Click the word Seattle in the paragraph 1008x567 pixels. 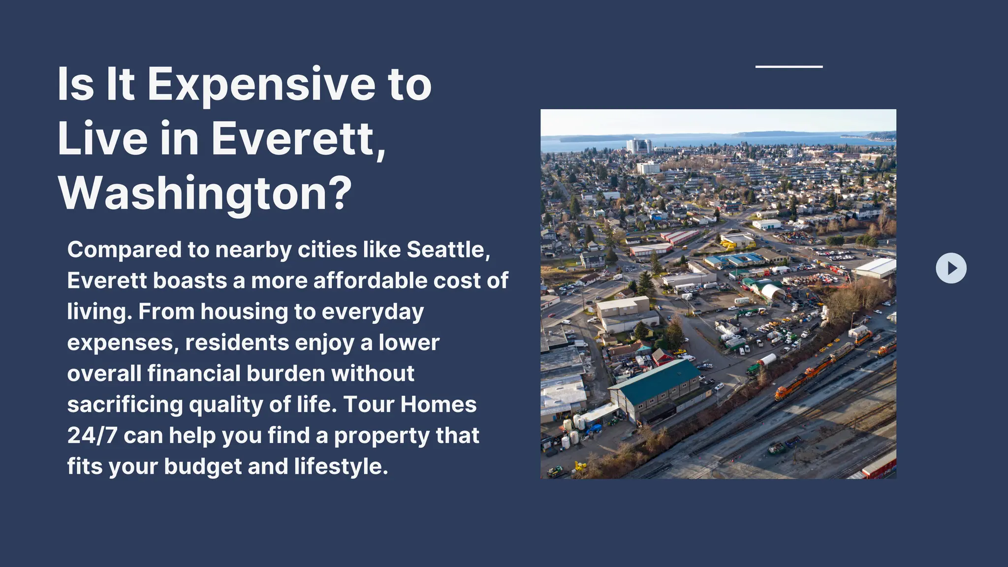click(448, 250)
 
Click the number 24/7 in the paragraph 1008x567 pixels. click(92, 436)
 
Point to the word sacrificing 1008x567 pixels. click(125, 405)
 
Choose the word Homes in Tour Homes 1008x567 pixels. click(438, 405)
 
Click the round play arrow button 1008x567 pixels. click(951, 268)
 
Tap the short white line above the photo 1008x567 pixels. click(789, 66)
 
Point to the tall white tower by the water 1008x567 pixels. click(639, 146)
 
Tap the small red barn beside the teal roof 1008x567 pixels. click(662, 356)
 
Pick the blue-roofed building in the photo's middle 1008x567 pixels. click(733, 259)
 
